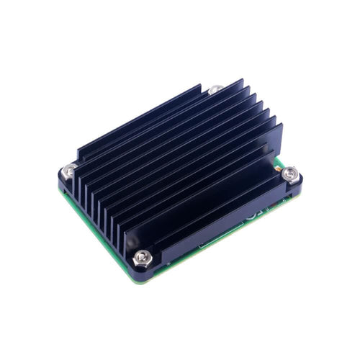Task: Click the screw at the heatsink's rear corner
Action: [x=215, y=90]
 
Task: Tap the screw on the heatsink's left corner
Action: [x=69, y=171]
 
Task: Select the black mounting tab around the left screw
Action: [x=66, y=180]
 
